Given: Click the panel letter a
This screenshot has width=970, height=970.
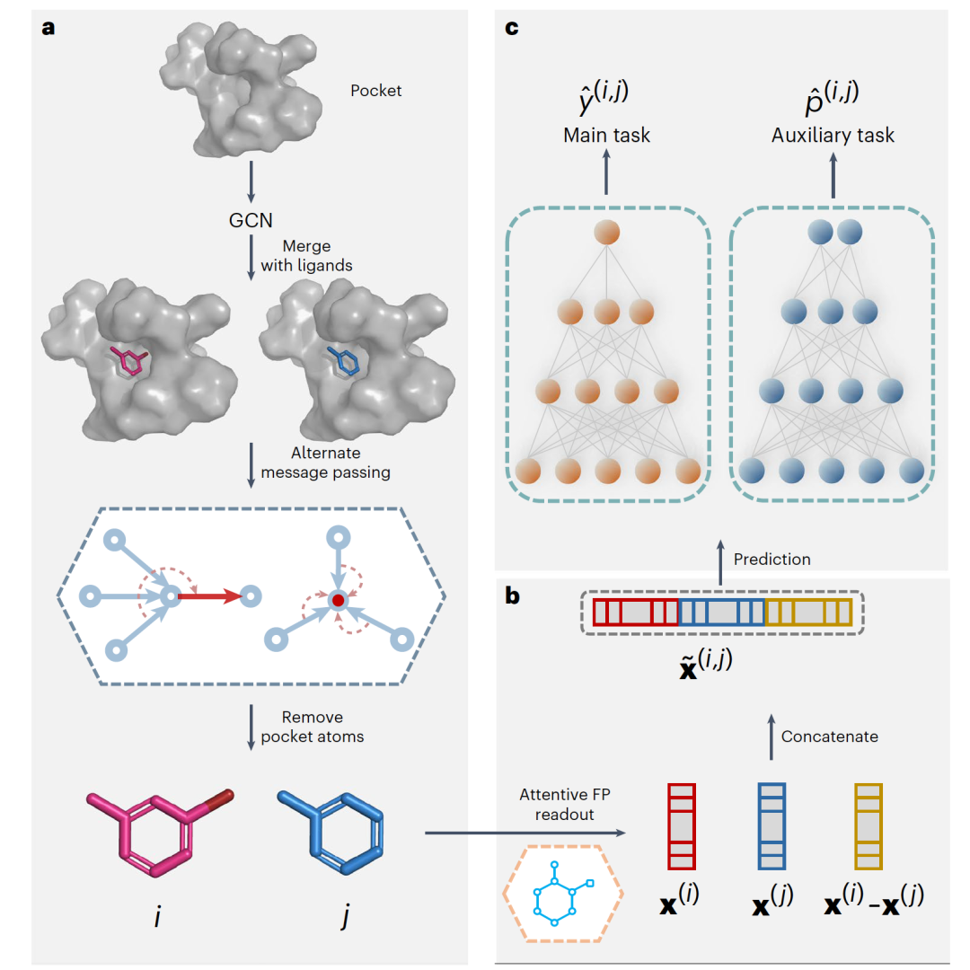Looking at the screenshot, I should [x=48, y=27].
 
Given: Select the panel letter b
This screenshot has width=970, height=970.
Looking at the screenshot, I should [x=513, y=595].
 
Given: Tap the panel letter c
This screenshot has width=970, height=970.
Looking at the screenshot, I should [x=512, y=27].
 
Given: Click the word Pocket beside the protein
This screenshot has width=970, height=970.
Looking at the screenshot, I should [x=376, y=91].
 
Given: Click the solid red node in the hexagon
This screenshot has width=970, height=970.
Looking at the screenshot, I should [x=338, y=599].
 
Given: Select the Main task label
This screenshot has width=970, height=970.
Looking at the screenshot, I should [x=606, y=136].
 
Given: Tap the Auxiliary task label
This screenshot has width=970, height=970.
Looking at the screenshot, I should [x=833, y=136].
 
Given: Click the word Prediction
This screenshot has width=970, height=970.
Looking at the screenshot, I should [x=772, y=559].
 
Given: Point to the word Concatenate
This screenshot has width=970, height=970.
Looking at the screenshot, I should [x=829, y=736].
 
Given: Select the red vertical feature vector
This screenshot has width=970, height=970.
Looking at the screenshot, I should [x=683, y=825].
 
